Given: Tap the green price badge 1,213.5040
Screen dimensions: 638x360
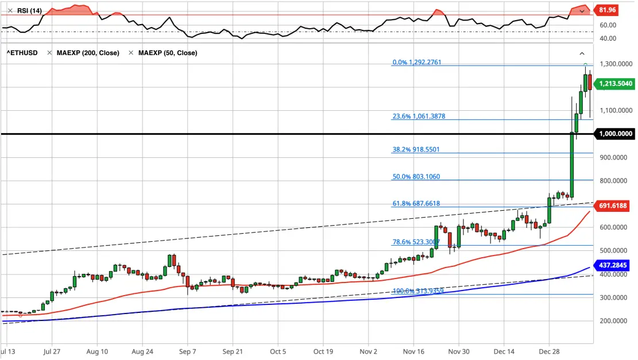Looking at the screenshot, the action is pyautogui.click(x=614, y=84).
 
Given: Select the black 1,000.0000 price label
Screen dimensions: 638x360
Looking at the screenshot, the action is pyautogui.click(x=614, y=134).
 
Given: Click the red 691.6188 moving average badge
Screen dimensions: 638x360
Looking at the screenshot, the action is pyautogui.click(x=612, y=206).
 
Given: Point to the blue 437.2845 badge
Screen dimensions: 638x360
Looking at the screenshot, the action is pyautogui.click(x=612, y=265).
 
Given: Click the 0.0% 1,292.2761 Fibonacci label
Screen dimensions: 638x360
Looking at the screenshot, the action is pyautogui.click(x=417, y=62).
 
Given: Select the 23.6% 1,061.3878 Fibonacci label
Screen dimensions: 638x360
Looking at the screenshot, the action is pyautogui.click(x=419, y=117).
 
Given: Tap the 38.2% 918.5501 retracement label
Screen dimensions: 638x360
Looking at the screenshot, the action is pyautogui.click(x=416, y=150).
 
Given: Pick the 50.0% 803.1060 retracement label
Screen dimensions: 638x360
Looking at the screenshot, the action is pyautogui.click(x=416, y=177).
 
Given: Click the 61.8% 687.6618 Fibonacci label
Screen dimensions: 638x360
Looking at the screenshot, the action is pyautogui.click(x=416, y=204).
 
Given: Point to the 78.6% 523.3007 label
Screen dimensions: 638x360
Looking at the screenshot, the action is pyautogui.click(x=416, y=242).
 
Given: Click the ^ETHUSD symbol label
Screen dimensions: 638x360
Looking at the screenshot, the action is pyautogui.click(x=22, y=53).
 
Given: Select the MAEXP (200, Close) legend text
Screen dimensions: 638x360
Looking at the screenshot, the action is pyautogui.click(x=88, y=53).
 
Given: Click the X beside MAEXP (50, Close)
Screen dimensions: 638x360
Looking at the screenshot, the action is pyautogui.click(x=131, y=53).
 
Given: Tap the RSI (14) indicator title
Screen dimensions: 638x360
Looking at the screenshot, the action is pyautogui.click(x=29, y=10).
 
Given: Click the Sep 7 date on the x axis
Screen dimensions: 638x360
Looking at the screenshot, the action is pyautogui.click(x=188, y=351).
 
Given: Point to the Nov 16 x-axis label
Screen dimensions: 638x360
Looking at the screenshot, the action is pyautogui.click(x=413, y=351).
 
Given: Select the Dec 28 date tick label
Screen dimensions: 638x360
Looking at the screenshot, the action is pyautogui.click(x=549, y=351).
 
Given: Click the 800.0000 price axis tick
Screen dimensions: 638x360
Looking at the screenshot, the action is pyautogui.click(x=613, y=181).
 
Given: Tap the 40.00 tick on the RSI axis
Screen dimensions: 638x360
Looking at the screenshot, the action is pyautogui.click(x=608, y=38).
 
